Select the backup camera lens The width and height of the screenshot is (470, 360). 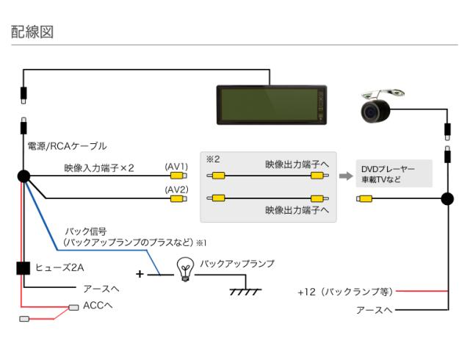click(x=376, y=112)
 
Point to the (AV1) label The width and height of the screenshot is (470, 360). click(x=176, y=167)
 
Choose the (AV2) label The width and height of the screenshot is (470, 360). click(x=176, y=189)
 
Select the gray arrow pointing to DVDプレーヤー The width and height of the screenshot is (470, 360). click(x=345, y=176)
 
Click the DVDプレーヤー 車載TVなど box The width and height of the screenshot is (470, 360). click(x=392, y=174)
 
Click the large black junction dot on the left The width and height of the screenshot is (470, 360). click(x=23, y=176)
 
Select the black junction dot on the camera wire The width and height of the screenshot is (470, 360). click(x=446, y=198)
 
